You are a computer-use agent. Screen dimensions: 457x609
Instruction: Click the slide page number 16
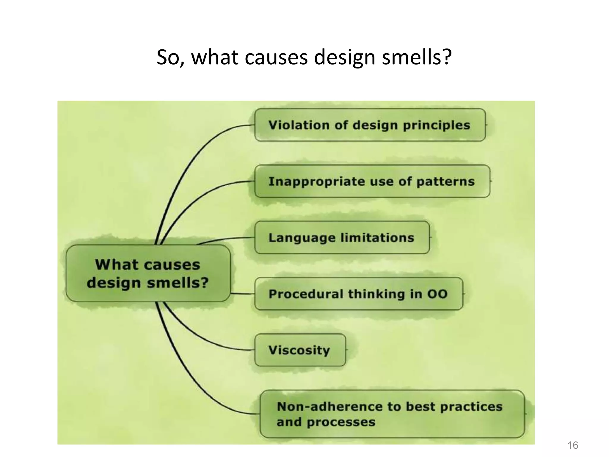click(573, 445)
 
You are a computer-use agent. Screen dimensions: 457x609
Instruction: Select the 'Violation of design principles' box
click(370, 125)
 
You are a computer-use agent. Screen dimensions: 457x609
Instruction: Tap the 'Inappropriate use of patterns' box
click(372, 181)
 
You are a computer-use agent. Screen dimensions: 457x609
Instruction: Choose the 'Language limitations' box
click(342, 237)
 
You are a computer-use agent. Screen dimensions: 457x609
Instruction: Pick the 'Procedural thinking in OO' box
click(358, 294)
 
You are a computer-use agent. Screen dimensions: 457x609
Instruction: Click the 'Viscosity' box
click(300, 350)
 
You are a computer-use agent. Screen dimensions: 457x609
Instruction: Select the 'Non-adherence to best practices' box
click(392, 414)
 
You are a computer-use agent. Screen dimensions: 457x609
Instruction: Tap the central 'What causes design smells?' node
click(148, 273)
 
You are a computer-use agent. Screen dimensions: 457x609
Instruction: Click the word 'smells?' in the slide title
click(417, 57)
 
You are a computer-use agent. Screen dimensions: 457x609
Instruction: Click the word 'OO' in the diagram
click(437, 294)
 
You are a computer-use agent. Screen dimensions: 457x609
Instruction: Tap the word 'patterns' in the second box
click(445, 181)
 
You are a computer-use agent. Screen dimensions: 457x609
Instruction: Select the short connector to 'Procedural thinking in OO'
click(242, 294)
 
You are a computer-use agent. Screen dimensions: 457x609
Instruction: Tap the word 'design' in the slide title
click(344, 57)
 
